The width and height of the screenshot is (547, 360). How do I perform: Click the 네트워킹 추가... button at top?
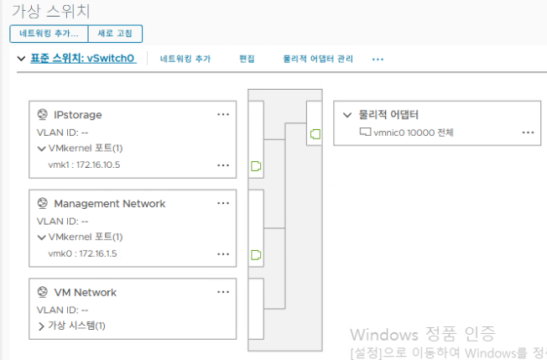tap(48, 34)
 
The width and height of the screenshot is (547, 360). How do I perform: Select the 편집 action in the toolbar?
tap(247, 60)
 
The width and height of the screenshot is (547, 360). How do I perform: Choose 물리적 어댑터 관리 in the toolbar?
tap(318, 60)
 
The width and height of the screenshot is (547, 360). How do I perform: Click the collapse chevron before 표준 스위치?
tap(21, 59)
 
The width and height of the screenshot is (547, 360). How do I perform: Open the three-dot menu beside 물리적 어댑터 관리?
tap(378, 60)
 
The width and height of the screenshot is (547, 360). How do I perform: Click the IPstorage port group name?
tap(77, 114)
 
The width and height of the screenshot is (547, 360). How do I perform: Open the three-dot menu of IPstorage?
tap(223, 114)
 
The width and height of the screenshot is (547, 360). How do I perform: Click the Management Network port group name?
tap(109, 203)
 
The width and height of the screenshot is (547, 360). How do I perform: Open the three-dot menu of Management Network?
tap(223, 203)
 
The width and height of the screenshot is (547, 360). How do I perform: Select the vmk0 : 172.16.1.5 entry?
tap(82, 253)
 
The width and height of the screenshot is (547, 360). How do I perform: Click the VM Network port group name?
tap(85, 292)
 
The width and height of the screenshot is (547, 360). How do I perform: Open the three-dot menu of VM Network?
tap(223, 292)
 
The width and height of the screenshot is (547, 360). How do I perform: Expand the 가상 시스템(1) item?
tap(76, 326)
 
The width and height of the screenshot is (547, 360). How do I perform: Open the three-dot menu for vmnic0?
tap(528, 132)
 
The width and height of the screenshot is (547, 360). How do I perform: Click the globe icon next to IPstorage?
tap(42, 114)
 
